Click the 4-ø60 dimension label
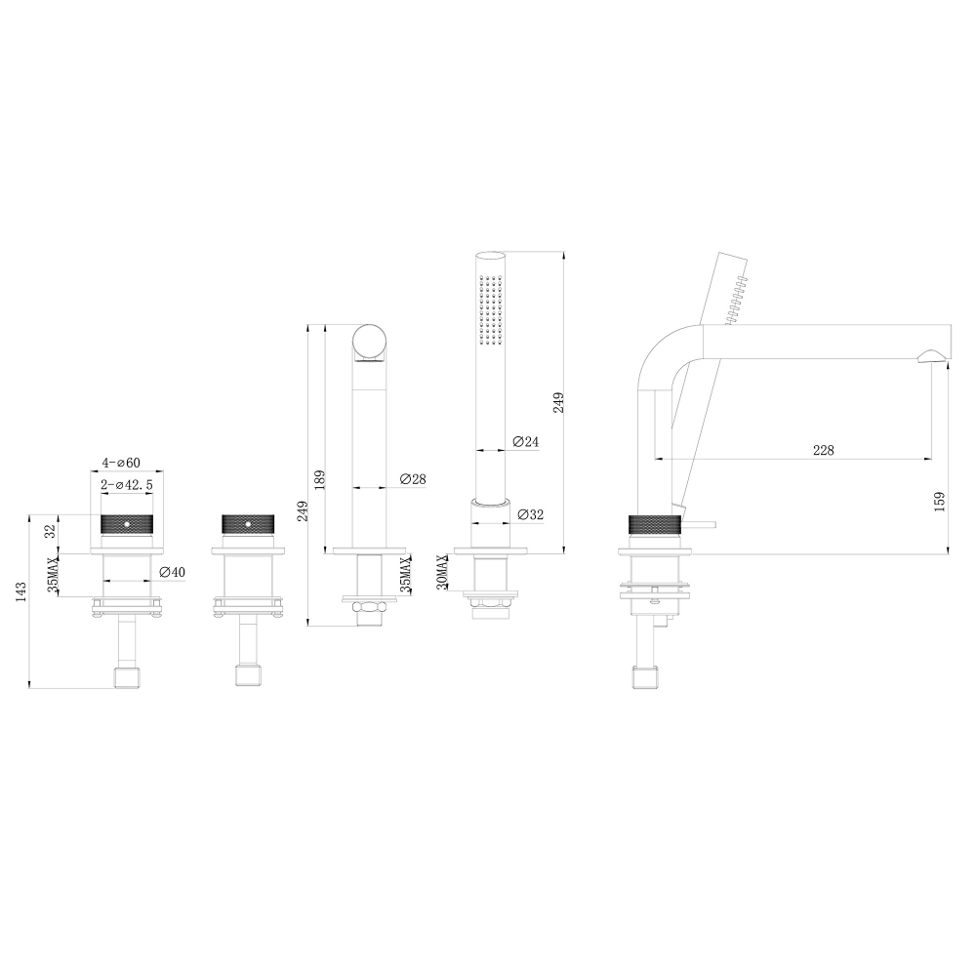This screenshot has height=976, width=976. (x=121, y=463)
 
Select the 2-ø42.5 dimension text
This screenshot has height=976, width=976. (x=126, y=484)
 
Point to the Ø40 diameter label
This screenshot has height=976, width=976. (x=172, y=572)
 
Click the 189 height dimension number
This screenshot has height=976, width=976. (x=319, y=480)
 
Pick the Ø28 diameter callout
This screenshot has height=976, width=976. (x=413, y=478)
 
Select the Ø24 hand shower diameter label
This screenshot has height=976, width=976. (x=525, y=441)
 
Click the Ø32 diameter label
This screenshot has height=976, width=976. (x=530, y=514)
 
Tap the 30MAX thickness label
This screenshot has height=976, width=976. (x=442, y=572)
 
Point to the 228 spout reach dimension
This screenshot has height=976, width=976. (x=823, y=450)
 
